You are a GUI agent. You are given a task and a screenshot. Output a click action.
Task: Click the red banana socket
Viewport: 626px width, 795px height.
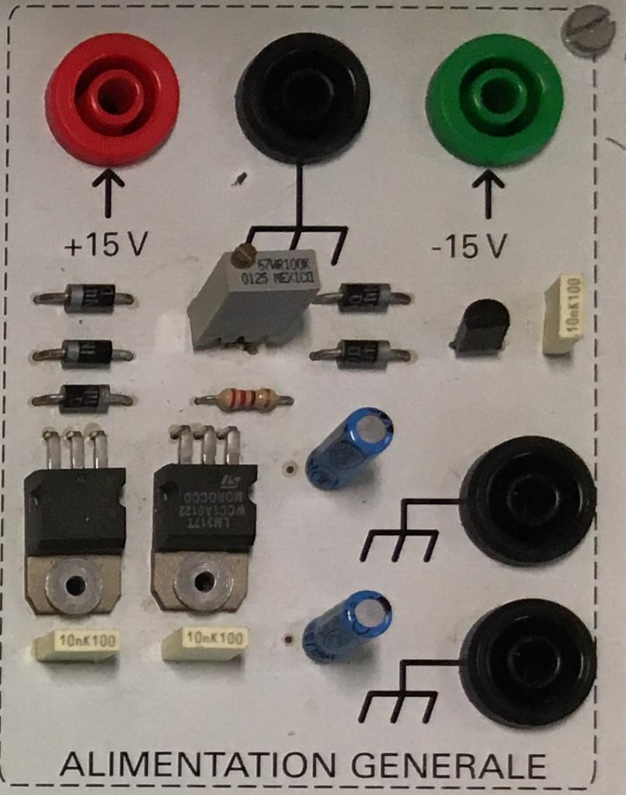[x=112, y=98]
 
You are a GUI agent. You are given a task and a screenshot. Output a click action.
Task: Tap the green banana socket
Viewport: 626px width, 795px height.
[x=494, y=98]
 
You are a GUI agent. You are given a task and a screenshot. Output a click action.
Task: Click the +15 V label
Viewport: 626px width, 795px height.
[x=106, y=245]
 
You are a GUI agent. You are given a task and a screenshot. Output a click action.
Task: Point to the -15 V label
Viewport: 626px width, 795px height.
[x=469, y=247]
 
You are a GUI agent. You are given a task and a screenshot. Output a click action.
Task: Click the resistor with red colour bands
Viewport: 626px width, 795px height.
[x=244, y=400]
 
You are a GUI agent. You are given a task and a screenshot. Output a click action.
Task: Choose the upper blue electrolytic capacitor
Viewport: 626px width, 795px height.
[x=349, y=448]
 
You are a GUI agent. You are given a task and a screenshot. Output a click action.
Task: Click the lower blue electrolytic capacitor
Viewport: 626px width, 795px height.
[x=346, y=626]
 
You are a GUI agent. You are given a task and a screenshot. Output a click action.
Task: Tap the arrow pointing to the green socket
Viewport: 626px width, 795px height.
[x=488, y=193]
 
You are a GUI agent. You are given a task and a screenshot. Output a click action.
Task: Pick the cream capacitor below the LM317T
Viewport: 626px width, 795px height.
[x=206, y=642]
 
